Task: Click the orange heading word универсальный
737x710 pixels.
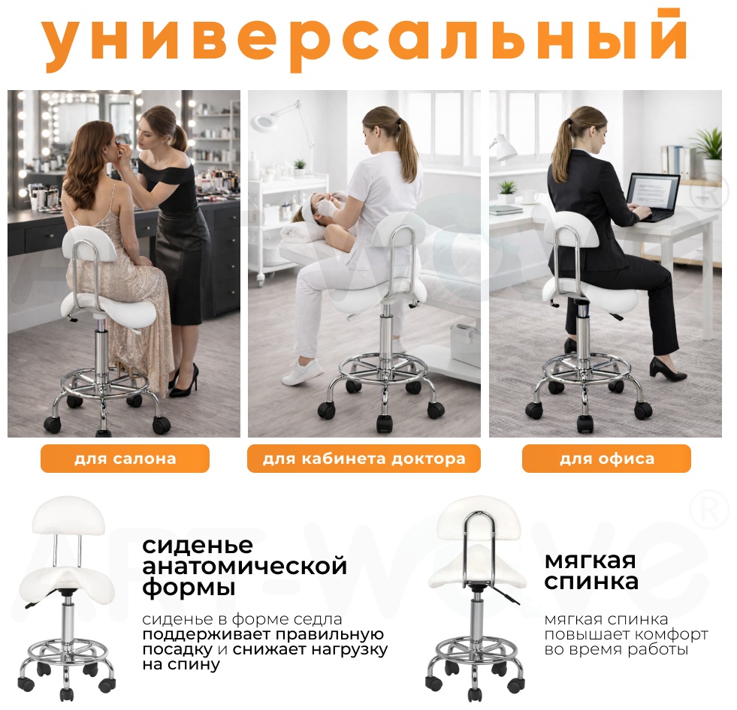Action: pyautogui.click(x=363, y=40)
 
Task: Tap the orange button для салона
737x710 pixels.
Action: pyautogui.click(x=125, y=459)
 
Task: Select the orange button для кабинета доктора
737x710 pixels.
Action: pyautogui.click(x=364, y=459)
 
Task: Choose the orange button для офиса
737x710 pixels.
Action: pyautogui.click(x=606, y=459)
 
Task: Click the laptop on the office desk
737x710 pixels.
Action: pyautogui.click(x=654, y=197)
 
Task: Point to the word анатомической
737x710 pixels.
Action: pyautogui.click(x=244, y=567)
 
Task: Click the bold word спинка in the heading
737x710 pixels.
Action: pyautogui.click(x=591, y=582)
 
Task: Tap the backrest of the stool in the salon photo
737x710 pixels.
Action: pyautogui.click(x=89, y=243)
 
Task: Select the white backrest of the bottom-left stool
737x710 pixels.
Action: pyautogui.click(x=68, y=516)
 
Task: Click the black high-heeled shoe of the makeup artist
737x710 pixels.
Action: pyautogui.click(x=184, y=381)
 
